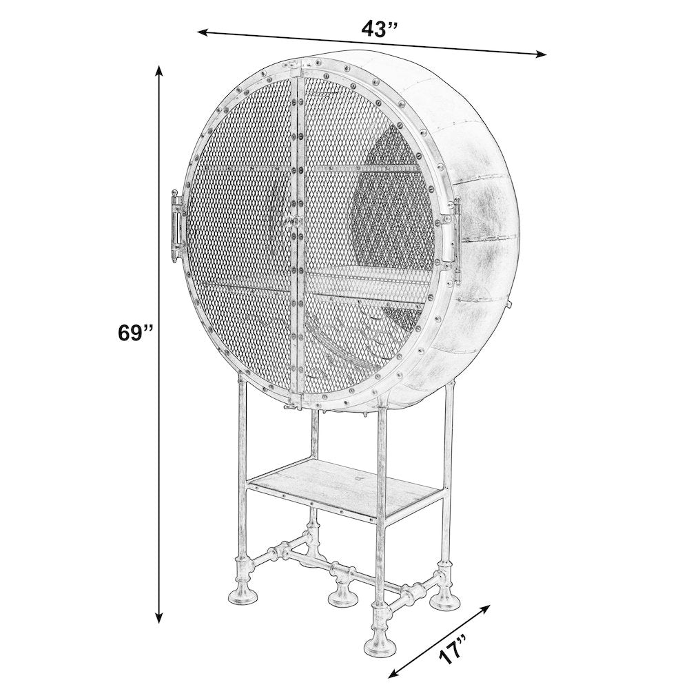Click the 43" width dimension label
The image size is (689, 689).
tap(379, 30)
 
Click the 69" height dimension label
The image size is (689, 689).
tap(135, 333)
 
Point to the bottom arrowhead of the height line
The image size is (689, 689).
tap(160, 615)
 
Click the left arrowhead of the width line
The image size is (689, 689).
tap(204, 32)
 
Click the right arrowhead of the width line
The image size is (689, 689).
tap(539, 54)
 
